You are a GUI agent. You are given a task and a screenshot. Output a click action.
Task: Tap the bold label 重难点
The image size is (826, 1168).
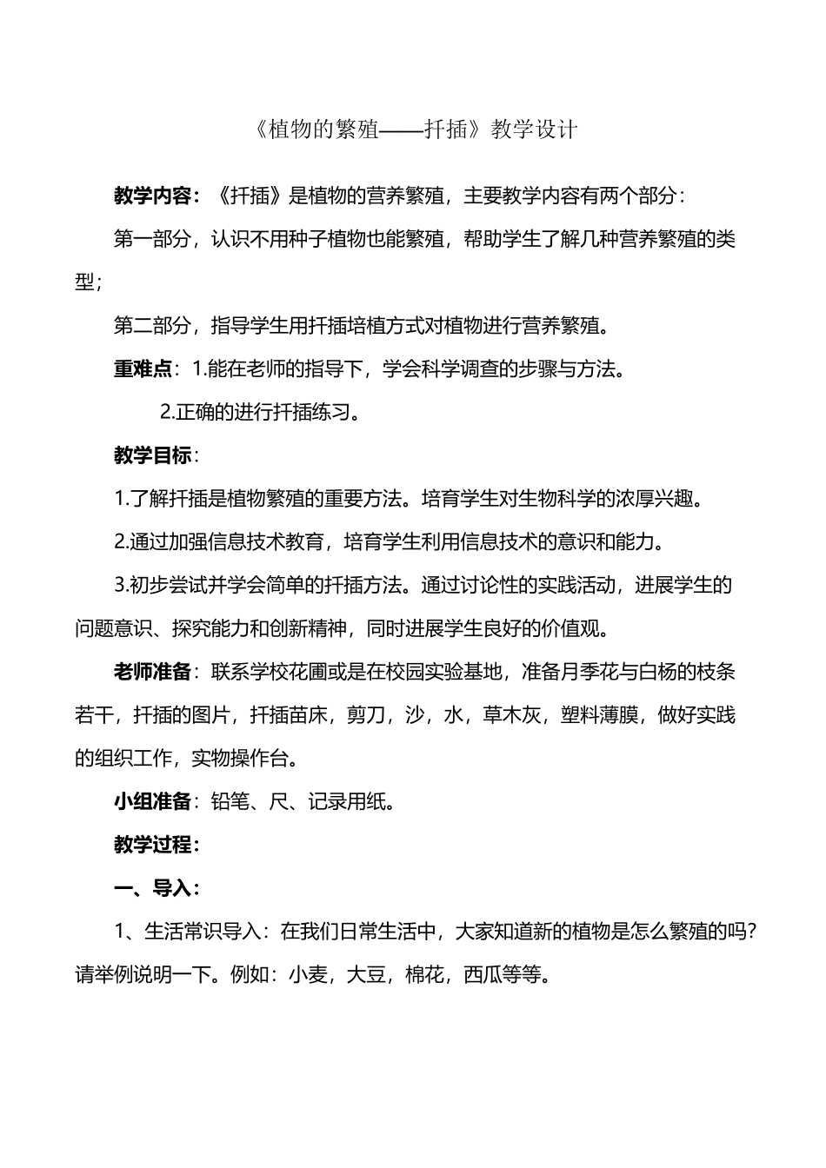click(143, 368)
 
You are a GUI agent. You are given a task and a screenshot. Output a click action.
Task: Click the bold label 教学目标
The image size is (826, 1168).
click(152, 455)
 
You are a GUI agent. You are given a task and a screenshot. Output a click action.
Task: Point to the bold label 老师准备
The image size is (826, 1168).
click(152, 672)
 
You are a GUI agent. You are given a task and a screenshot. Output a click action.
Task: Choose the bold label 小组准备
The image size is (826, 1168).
click(152, 801)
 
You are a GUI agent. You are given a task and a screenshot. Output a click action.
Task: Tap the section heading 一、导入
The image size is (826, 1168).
click(152, 888)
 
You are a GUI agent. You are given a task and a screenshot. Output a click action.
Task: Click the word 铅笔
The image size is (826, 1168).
click(230, 801)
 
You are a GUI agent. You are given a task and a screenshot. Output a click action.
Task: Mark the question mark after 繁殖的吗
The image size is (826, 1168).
click(755, 932)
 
